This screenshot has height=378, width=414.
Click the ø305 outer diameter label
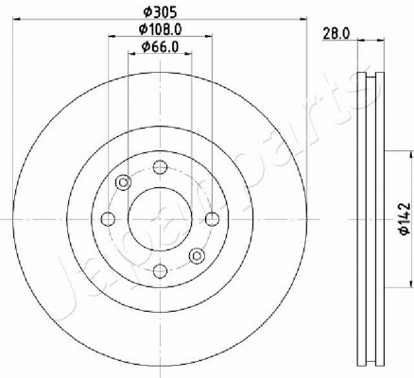click(x=160, y=12)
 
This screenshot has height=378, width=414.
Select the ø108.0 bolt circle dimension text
click(x=161, y=29)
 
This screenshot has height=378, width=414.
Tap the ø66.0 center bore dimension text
click(x=160, y=46)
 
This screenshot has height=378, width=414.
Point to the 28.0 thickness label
click(x=336, y=33)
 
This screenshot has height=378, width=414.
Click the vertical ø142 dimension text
click(x=405, y=218)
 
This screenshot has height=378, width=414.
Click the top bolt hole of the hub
click(x=160, y=167)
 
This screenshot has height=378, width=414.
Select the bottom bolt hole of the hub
click(x=160, y=270)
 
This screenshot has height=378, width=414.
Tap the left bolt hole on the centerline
click(x=108, y=219)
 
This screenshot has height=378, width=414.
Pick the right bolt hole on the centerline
click(x=212, y=219)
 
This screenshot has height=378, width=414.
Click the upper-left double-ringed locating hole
click(x=123, y=182)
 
